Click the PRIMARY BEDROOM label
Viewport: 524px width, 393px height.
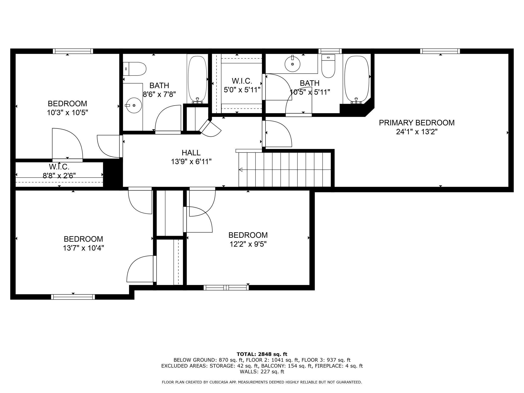coord(417,123)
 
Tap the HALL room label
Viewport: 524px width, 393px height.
coord(191,153)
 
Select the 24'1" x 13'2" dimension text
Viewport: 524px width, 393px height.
coord(417,132)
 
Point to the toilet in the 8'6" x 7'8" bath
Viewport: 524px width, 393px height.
coord(135,69)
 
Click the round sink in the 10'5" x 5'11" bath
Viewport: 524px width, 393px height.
coord(292,64)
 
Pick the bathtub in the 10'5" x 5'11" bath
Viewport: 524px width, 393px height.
coord(357,80)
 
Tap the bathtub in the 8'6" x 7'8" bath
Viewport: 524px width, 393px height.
coord(198,80)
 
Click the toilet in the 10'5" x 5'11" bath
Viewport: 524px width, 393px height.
coord(329,66)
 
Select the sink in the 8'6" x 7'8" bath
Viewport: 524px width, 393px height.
coord(134,105)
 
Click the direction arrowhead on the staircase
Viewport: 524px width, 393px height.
coord(241,170)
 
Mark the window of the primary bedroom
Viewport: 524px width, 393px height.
coord(440,51)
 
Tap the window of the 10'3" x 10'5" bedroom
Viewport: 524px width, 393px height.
coord(73,51)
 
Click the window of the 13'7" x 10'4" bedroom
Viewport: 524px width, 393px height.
coord(73,297)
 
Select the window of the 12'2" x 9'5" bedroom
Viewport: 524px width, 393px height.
coord(226,287)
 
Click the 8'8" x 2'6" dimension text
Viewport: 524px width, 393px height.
coord(59,176)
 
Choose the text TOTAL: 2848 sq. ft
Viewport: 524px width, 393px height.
coord(262,354)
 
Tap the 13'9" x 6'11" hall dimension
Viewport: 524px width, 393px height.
coord(191,162)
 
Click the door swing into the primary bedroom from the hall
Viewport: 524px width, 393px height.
coord(277,134)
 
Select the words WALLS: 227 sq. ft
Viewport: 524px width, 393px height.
coord(262,372)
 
